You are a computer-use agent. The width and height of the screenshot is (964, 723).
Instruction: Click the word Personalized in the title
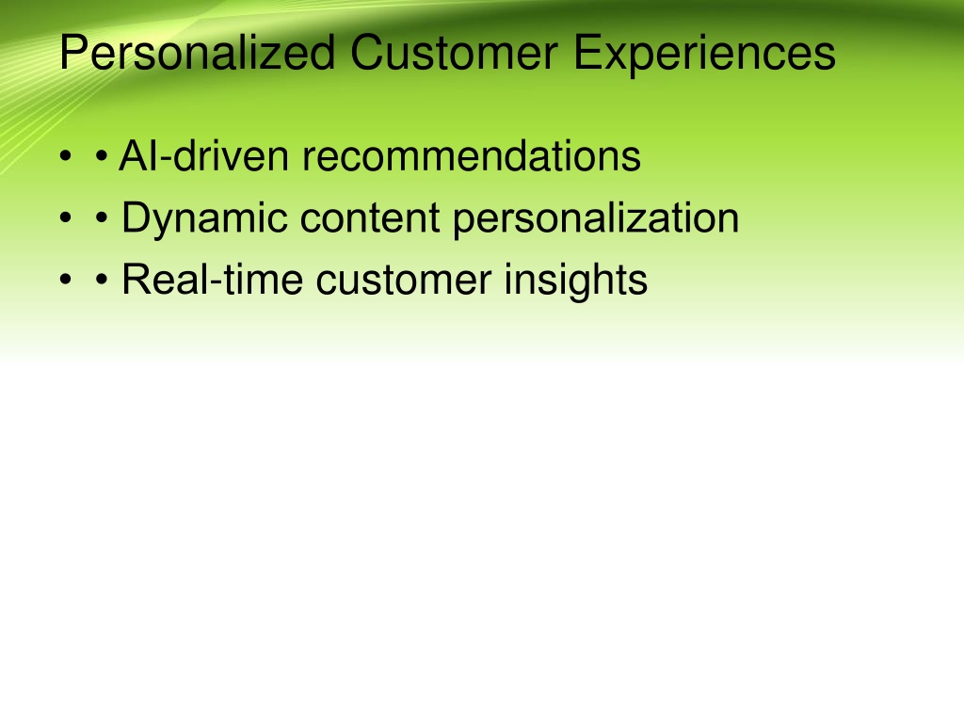tap(198, 55)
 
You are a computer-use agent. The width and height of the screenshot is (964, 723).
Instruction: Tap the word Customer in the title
tap(455, 53)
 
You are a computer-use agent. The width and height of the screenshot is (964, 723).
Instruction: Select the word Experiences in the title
tap(704, 55)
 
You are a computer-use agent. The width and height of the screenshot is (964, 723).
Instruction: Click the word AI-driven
tap(203, 155)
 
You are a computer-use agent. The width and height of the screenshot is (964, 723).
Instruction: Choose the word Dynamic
tap(204, 219)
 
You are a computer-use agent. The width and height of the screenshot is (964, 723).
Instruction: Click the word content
tap(370, 217)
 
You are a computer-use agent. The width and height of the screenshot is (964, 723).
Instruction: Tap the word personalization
tap(596, 219)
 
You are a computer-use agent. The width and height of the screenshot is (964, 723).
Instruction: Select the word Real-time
tap(212, 280)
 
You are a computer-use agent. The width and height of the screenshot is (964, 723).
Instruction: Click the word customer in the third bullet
tap(404, 281)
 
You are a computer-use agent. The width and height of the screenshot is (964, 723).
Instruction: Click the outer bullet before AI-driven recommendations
tap(66, 156)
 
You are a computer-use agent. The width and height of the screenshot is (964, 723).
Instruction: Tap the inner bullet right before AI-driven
tap(102, 156)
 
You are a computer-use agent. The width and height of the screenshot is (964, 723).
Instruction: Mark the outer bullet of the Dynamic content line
tap(66, 217)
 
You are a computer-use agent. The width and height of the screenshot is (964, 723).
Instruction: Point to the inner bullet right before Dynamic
tap(102, 217)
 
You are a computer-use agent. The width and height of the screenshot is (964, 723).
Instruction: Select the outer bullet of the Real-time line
tap(66, 280)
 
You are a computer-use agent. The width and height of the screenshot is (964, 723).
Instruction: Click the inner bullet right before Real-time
tap(102, 280)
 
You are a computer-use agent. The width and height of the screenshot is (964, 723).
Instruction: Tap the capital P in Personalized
tap(73, 53)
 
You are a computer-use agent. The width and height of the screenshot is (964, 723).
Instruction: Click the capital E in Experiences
tap(586, 53)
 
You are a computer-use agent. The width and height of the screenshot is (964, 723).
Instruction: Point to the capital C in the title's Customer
tap(367, 53)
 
